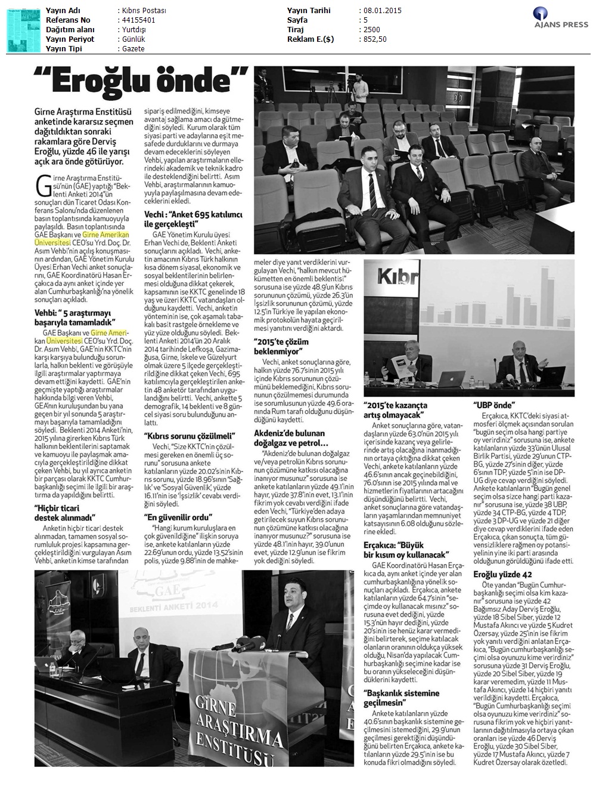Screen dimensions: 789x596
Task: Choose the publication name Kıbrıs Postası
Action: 143,11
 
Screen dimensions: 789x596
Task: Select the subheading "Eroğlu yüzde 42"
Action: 498,574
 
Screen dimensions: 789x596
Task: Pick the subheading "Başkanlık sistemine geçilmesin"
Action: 401,698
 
